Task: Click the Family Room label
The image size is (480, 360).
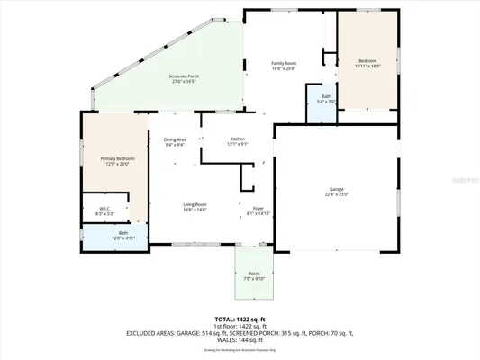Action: (285, 62)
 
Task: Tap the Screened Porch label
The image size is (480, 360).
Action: (184, 76)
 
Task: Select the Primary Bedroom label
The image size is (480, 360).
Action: (116, 157)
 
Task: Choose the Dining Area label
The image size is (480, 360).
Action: (175, 139)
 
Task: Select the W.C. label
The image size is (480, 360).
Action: (104, 209)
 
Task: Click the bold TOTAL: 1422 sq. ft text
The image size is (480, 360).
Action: (239, 319)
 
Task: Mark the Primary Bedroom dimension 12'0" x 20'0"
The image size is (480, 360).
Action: (116, 163)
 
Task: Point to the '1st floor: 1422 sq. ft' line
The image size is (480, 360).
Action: (239, 326)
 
